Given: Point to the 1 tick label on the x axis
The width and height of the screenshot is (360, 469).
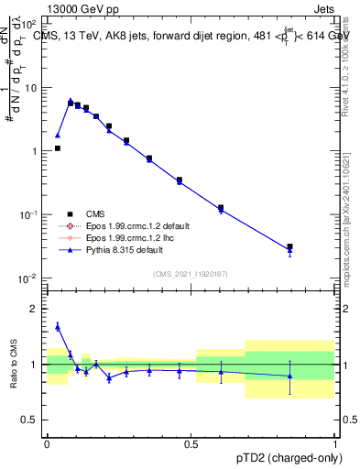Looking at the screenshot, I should coord(334,442).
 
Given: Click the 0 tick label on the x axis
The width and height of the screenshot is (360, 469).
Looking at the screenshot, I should coord(46,442).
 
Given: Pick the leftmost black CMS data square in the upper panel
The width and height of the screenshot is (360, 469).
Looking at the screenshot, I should coord(58,147).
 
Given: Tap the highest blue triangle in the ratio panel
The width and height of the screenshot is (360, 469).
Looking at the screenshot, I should coord(58,325).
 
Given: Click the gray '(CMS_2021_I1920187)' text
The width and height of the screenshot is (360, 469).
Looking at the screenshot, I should coord(191,273).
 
